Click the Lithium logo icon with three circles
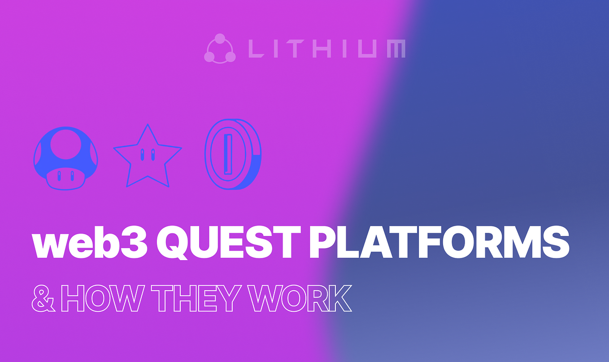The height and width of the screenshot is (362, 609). coord(220,48)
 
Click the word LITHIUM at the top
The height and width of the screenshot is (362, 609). coord(326,48)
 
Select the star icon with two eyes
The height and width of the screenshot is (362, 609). coord(148,157)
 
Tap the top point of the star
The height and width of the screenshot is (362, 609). coord(148,127)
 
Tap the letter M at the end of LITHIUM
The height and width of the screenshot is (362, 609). coord(395,48)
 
